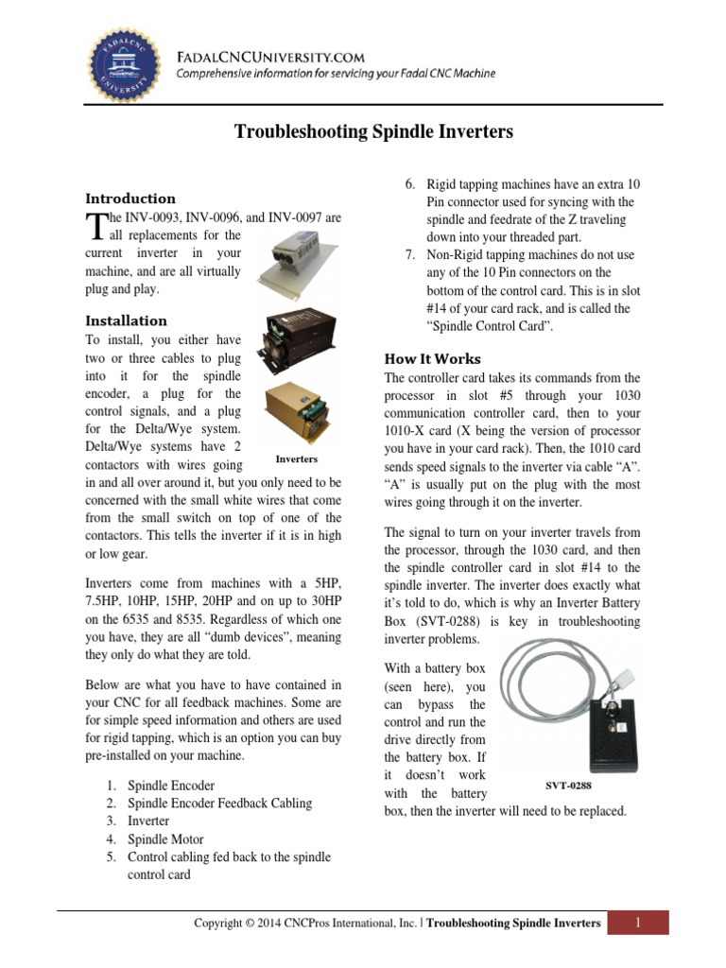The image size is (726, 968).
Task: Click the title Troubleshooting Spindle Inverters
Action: pyautogui.click(x=373, y=132)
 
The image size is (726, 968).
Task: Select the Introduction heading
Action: pyautogui.click(x=130, y=199)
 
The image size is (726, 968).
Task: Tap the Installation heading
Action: pyautogui.click(x=126, y=320)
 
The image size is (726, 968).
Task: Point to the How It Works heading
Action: pyautogui.click(x=432, y=359)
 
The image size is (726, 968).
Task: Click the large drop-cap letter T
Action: pyautogui.click(x=94, y=227)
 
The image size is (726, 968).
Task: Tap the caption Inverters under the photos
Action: pyautogui.click(x=296, y=458)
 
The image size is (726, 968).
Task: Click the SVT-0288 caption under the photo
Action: pyautogui.click(x=575, y=785)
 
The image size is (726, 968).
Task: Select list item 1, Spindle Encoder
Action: pyautogui.click(x=171, y=786)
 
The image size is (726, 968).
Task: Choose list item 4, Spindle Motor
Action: pyautogui.click(x=165, y=839)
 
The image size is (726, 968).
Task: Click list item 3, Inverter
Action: pyautogui.click(x=148, y=821)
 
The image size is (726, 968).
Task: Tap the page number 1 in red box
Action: pyautogui.click(x=638, y=923)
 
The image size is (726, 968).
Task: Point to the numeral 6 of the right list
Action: pyautogui.click(x=409, y=184)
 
